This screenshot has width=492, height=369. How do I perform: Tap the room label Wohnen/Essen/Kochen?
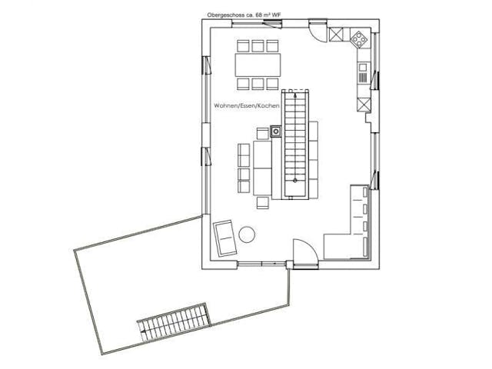(x=247, y=105)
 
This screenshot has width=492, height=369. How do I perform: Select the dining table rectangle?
(x=258, y=62)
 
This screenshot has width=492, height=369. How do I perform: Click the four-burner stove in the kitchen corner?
(x=359, y=38)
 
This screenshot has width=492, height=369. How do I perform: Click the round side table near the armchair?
(x=248, y=234)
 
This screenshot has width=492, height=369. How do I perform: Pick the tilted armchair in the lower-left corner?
(x=224, y=236)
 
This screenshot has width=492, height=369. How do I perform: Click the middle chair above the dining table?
(x=258, y=45)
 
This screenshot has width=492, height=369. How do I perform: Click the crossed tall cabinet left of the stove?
(x=337, y=35)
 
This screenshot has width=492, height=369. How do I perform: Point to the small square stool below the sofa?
(x=263, y=203)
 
